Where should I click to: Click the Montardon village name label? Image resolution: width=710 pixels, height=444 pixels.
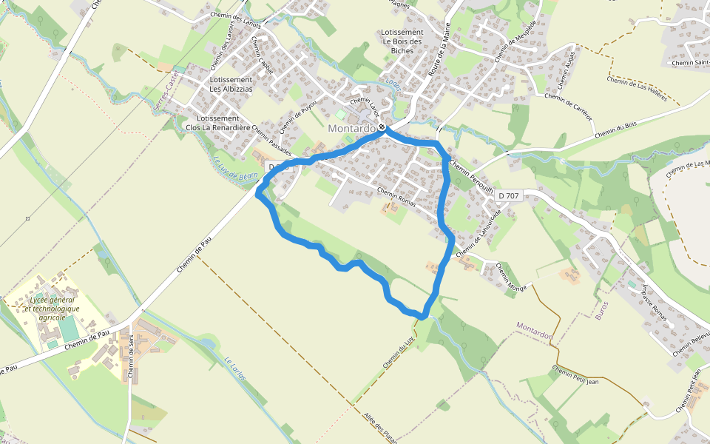pos(351,128)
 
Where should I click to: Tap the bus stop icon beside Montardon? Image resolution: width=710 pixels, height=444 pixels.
pos(382,129)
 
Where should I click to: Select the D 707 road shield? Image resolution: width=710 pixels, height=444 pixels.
pos(509,195)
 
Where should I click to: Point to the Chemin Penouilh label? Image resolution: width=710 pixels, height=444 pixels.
pos(471,177)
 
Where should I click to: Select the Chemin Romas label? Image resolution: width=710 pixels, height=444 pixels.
pos(398,195)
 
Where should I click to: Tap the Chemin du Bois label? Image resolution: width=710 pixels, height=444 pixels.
pos(615,129)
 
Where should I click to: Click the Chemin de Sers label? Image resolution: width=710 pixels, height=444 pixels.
pos(132,357)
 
